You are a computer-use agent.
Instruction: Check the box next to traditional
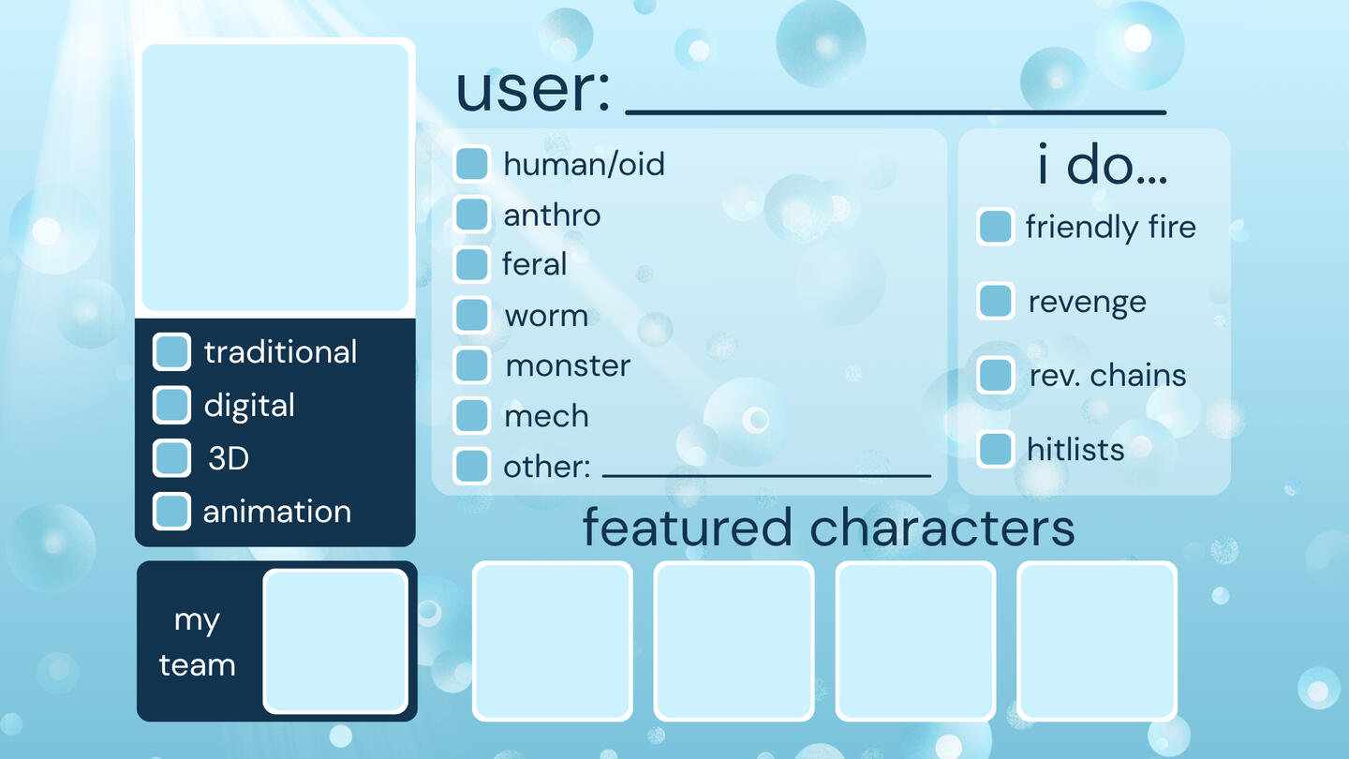click(x=171, y=351)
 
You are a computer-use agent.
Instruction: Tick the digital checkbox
click(x=171, y=405)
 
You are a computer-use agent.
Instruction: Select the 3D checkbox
click(x=171, y=458)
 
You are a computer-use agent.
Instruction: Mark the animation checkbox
click(x=171, y=512)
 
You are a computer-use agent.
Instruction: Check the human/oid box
click(x=471, y=163)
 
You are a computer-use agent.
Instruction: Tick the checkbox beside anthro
click(x=471, y=214)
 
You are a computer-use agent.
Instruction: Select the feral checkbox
click(x=471, y=264)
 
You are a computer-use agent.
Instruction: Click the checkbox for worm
click(x=471, y=315)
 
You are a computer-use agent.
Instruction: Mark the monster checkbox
click(x=471, y=365)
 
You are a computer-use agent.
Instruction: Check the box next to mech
click(x=471, y=416)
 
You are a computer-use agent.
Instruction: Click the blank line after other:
click(x=766, y=476)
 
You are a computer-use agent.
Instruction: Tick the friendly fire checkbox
click(x=996, y=227)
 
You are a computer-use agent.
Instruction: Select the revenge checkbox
click(x=996, y=301)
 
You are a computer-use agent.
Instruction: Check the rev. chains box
click(x=996, y=375)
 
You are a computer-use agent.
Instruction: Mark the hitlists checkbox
click(x=996, y=450)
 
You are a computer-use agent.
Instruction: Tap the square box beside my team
click(x=335, y=642)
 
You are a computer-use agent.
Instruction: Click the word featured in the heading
click(x=688, y=527)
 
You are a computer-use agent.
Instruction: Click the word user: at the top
click(x=533, y=90)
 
